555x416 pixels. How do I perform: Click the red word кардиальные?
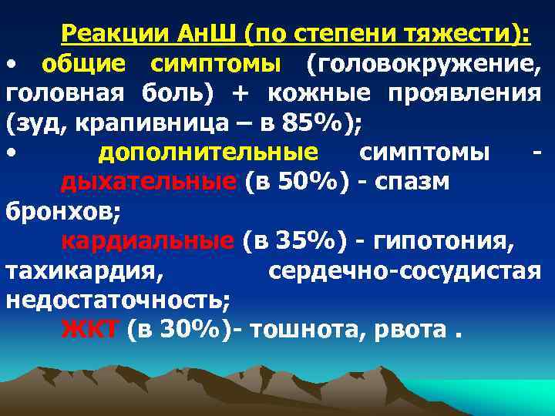pos(146,241)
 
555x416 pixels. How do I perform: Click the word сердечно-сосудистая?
pos(405,270)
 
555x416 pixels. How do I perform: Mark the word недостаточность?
pos(120,300)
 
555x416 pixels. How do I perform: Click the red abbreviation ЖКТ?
pos(89,330)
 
